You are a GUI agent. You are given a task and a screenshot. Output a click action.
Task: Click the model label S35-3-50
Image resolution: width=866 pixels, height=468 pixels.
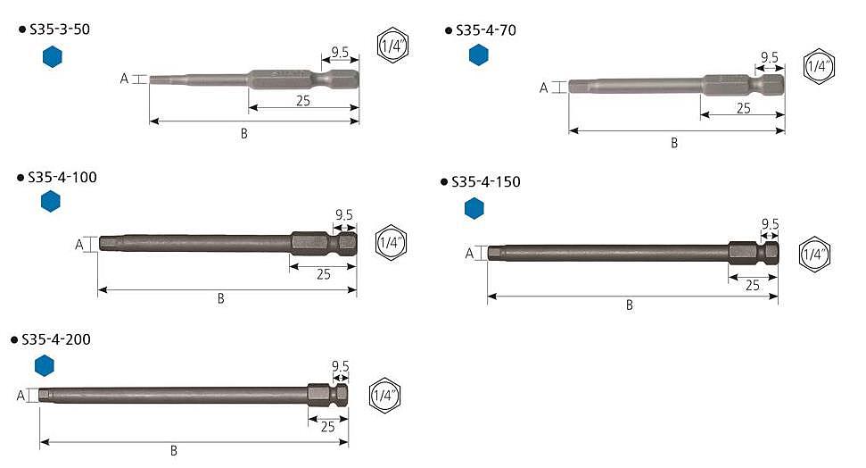[60, 29]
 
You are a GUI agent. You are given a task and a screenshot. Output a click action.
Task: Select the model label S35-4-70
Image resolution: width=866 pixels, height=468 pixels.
[486, 30]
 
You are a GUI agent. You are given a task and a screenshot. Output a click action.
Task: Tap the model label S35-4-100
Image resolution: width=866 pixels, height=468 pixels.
[62, 177]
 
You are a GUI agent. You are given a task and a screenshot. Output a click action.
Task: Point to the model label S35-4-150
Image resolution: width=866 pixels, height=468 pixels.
[486, 181]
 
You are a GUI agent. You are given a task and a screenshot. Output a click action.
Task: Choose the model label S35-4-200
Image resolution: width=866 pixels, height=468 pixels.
[56, 339]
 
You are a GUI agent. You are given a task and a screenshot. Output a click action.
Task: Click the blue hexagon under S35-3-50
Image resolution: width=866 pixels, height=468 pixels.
[53, 57]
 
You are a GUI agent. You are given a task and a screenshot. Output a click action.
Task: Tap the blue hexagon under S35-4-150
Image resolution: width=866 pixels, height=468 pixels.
[474, 209]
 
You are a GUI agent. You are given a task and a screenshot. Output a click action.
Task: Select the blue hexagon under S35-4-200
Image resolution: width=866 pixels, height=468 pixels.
[45, 365]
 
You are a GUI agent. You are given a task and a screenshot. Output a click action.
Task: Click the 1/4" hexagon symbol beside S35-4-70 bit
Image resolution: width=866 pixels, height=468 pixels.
[819, 66]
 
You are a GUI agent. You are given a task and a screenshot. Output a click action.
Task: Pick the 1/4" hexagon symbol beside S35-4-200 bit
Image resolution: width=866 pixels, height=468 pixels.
[384, 395]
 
